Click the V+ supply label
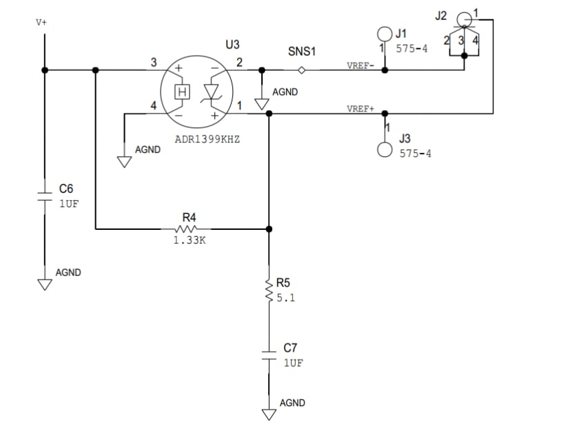[41, 22]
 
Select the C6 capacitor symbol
[45, 196]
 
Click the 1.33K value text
[189, 242]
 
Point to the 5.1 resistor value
[285, 299]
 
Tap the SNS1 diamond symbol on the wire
[301, 70]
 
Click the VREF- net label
[361, 65]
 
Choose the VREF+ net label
[361, 109]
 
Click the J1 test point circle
[385, 33]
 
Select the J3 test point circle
[385, 149]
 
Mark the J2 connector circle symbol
[465, 18]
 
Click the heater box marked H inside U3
[182, 92]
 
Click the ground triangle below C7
[268, 414]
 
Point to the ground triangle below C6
[45, 284]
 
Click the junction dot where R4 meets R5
[268, 228]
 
